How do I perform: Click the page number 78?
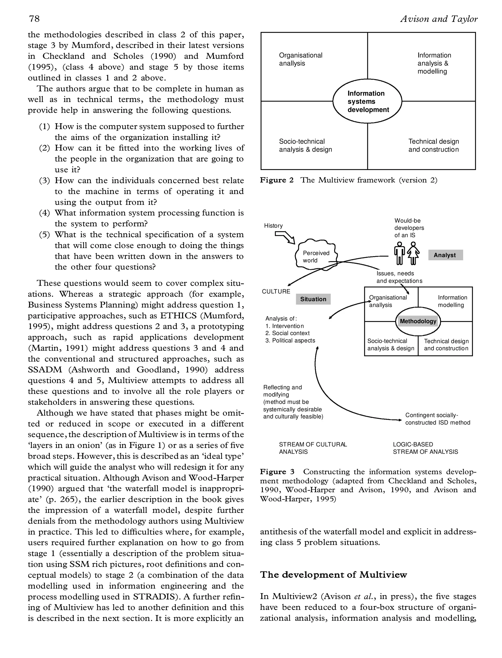34,19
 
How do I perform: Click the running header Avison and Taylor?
439,19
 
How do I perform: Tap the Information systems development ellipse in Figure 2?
367,101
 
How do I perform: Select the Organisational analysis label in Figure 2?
300,59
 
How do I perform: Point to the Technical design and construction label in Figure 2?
433,146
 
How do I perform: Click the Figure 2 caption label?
277,180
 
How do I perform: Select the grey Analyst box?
445,255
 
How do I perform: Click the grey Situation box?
313,299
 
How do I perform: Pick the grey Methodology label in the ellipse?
418,321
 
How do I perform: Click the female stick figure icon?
413,253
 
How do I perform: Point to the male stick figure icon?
400,253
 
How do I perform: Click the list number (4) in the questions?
45,213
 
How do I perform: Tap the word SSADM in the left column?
45,370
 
